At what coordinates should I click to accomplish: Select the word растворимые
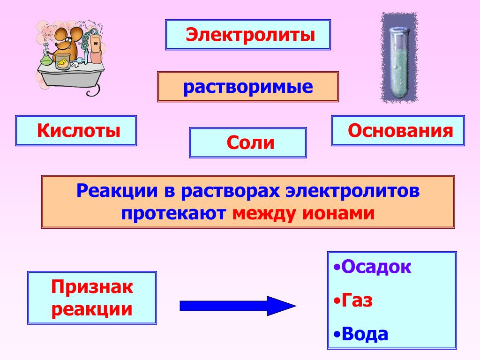(248, 87)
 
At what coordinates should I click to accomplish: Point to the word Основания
(400, 130)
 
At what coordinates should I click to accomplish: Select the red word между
(265, 213)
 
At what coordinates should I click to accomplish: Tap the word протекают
(174, 213)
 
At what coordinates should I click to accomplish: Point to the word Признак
(92, 287)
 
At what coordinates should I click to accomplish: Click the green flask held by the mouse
(45, 59)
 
